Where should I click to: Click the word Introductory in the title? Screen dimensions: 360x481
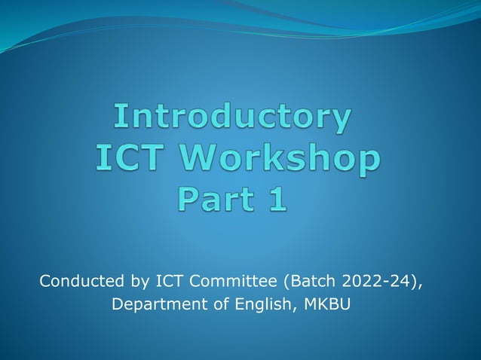233,117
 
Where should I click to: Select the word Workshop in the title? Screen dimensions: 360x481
283,159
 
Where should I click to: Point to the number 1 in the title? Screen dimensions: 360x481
277,199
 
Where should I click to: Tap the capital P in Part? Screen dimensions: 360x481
187,199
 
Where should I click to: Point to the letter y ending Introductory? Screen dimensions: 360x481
342,121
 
